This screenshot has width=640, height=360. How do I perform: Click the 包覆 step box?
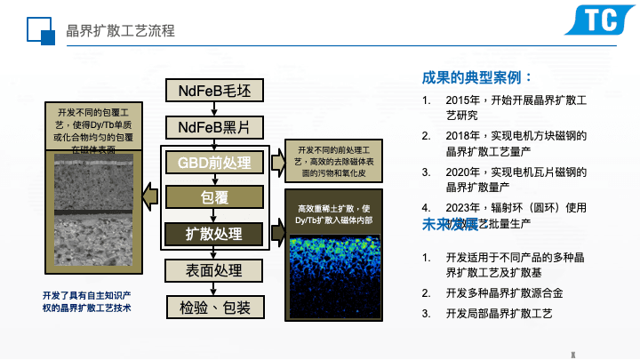point(214,196)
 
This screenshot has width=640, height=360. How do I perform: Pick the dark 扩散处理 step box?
point(214,233)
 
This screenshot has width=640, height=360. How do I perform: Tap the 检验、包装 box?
point(214,308)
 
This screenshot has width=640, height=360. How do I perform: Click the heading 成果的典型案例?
point(477,77)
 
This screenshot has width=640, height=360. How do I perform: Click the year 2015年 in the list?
point(462,100)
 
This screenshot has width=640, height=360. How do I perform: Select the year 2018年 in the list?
point(462,137)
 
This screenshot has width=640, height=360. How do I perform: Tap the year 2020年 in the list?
point(462,172)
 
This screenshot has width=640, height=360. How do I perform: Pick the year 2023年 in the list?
point(462,208)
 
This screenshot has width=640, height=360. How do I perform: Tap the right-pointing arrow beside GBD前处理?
point(276,160)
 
